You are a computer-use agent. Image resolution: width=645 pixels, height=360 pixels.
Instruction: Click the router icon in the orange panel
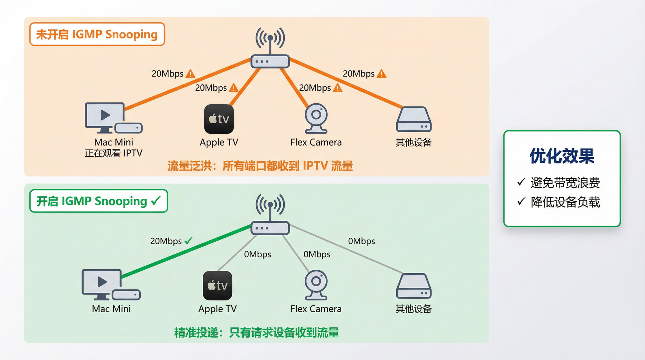click(270, 61)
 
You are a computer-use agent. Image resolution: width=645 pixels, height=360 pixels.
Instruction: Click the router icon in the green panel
click(270, 227)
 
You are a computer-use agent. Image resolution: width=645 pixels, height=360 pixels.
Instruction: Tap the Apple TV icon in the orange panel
click(219, 119)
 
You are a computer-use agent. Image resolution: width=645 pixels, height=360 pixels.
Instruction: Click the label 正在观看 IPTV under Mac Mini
click(113, 153)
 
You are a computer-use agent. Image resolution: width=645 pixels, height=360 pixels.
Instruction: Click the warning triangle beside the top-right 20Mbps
click(381, 74)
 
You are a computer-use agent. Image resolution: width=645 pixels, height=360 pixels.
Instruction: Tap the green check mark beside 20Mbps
click(188, 241)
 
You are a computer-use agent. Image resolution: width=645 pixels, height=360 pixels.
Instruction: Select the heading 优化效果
click(562, 156)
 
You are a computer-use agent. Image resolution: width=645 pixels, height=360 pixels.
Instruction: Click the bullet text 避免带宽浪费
click(565, 183)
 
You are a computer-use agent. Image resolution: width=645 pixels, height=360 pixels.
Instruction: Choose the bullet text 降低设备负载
click(565, 202)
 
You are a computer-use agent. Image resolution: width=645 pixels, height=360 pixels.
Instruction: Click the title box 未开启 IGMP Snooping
click(97, 34)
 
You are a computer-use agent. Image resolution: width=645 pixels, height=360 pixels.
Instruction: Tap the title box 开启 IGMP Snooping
click(98, 201)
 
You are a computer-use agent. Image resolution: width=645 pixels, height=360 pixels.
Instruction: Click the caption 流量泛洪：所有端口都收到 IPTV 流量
click(260, 166)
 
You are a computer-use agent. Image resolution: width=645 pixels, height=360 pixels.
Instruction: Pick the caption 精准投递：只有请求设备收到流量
click(257, 332)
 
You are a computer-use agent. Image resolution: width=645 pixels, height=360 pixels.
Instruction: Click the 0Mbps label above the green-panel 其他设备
click(361, 241)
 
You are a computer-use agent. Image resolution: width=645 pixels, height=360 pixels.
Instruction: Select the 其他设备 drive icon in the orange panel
click(413, 119)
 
